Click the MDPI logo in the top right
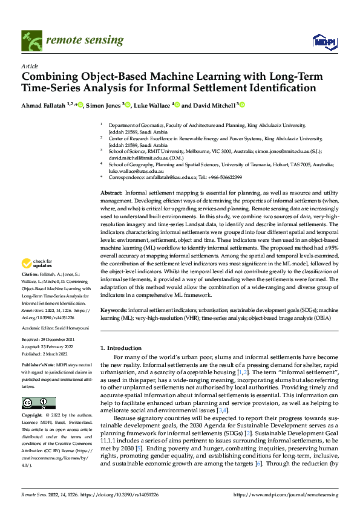[x=323, y=40]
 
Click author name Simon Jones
[x=105, y=105]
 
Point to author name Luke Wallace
[x=152, y=105]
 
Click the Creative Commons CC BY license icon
[x=38, y=403]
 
